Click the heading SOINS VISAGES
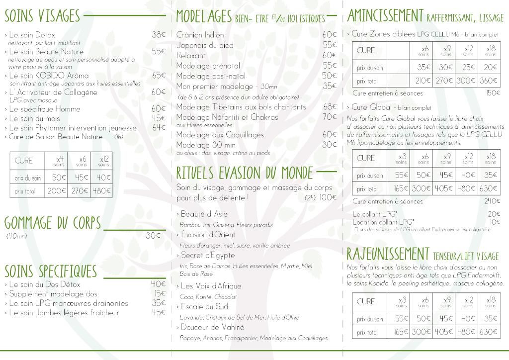pos(42,16)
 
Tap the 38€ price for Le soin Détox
pos(159,35)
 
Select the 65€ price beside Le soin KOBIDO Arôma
pos(159,76)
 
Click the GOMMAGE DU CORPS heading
pos(53,223)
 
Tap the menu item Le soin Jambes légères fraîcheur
pos(64,313)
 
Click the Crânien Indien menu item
pos(200,35)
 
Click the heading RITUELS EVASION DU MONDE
pos(245,173)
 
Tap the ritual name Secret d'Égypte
pos(208,255)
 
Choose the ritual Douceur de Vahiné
pos(212,327)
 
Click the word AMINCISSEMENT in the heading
pos(385,16)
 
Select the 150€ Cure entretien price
pos(493,93)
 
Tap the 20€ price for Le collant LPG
pos(494,214)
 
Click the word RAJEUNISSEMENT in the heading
pos(388,254)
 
